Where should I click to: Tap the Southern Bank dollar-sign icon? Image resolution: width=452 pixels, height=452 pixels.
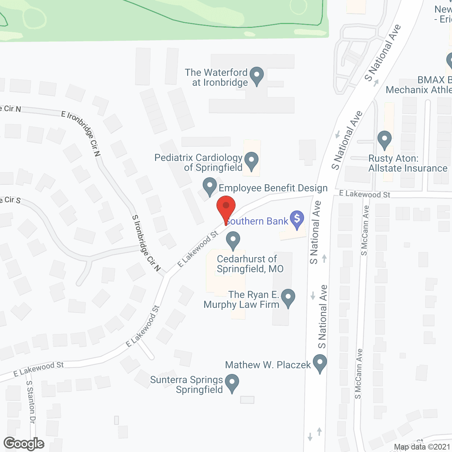297,219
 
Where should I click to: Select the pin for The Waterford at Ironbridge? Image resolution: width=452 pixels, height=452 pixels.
257,76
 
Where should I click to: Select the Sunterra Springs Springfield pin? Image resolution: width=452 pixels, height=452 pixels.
232,383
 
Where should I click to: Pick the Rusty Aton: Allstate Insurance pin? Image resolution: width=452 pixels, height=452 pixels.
385,139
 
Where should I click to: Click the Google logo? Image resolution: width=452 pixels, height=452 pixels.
24,444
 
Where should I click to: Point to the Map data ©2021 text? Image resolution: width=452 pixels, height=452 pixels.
422,447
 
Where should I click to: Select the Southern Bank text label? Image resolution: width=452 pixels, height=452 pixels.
258,221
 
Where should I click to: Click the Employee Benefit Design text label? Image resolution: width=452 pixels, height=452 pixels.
273,188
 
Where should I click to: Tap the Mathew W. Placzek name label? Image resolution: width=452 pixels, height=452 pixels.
268,365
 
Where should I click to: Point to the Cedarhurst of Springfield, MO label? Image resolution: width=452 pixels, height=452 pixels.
250,264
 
